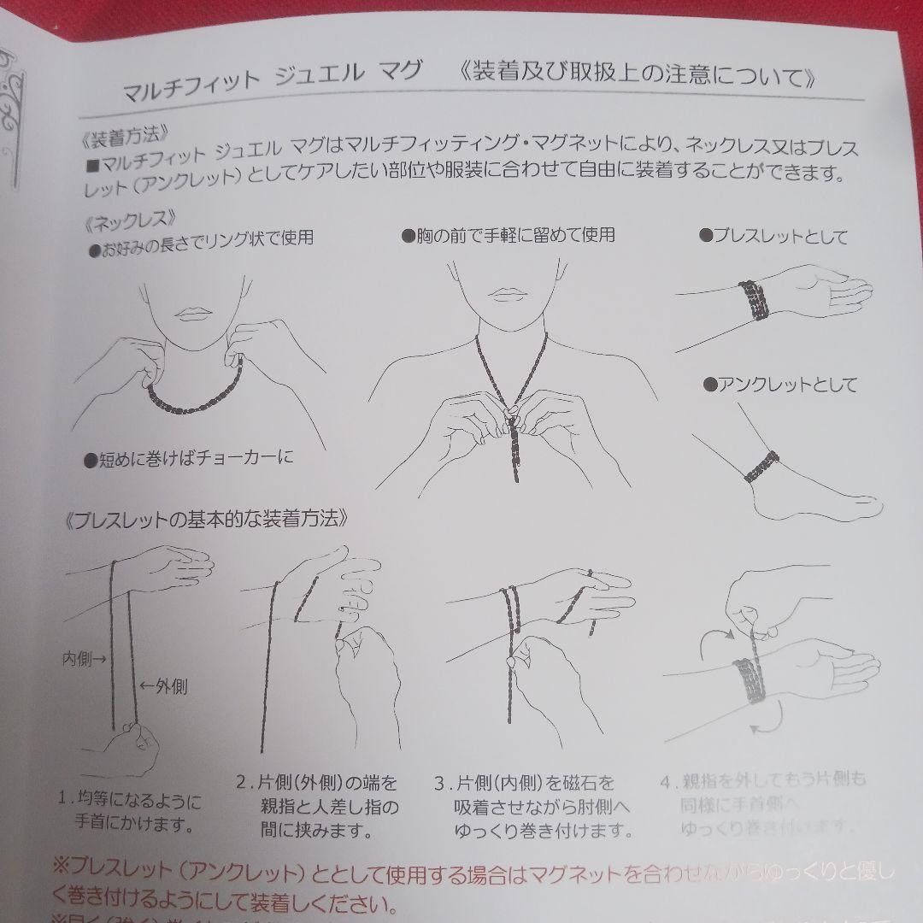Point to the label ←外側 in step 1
point(163,685)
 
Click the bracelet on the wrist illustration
point(752,298)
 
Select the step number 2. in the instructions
point(242,782)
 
